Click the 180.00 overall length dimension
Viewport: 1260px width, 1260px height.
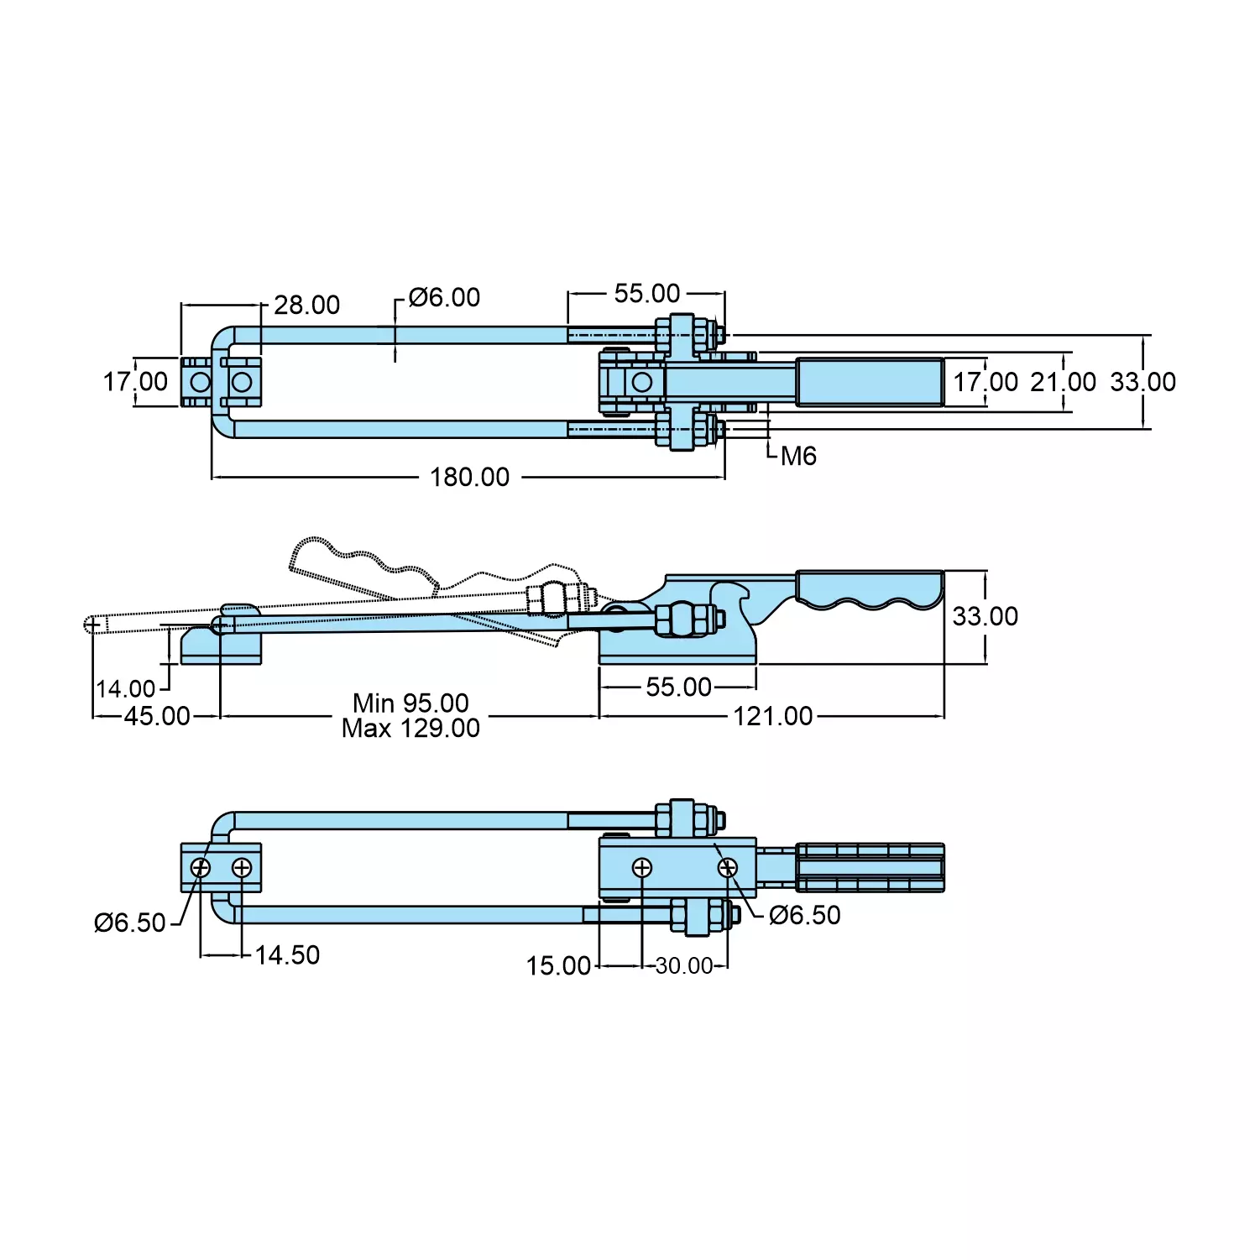(x=469, y=477)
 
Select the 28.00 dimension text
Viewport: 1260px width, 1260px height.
(x=306, y=305)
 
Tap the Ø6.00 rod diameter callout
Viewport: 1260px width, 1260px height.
(x=444, y=297)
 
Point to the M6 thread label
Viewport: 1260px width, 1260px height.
(x=797, y=456)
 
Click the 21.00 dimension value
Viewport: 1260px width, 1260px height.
(x=1063, y=382)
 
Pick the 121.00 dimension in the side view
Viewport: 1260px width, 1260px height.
(x=772, y=716)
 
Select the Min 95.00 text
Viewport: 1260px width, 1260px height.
(x=410, y=703)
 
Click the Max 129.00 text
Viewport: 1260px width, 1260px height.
(x=410, y=728)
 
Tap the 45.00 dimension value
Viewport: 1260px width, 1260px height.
(x=157, y=716)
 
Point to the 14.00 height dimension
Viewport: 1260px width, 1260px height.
(x=126, y=689)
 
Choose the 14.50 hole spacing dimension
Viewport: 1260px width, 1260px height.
(x=287, y=954)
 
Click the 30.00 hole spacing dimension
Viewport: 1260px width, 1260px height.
(x=683, y=965)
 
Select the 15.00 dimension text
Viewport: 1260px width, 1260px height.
(x=558, y=965)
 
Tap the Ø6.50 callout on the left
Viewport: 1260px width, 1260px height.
(x=130, y=923)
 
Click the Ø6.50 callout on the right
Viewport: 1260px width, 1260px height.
(x=804, y=915)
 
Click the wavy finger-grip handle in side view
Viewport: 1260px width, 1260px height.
(x=869, y=589)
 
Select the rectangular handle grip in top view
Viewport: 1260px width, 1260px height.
(x=870, y=382)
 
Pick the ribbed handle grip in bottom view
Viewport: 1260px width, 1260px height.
(x=870, y=867)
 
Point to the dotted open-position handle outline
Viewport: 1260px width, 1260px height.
(x=361, y=567)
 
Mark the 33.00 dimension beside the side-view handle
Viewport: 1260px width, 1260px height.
(x=985, y=616)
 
